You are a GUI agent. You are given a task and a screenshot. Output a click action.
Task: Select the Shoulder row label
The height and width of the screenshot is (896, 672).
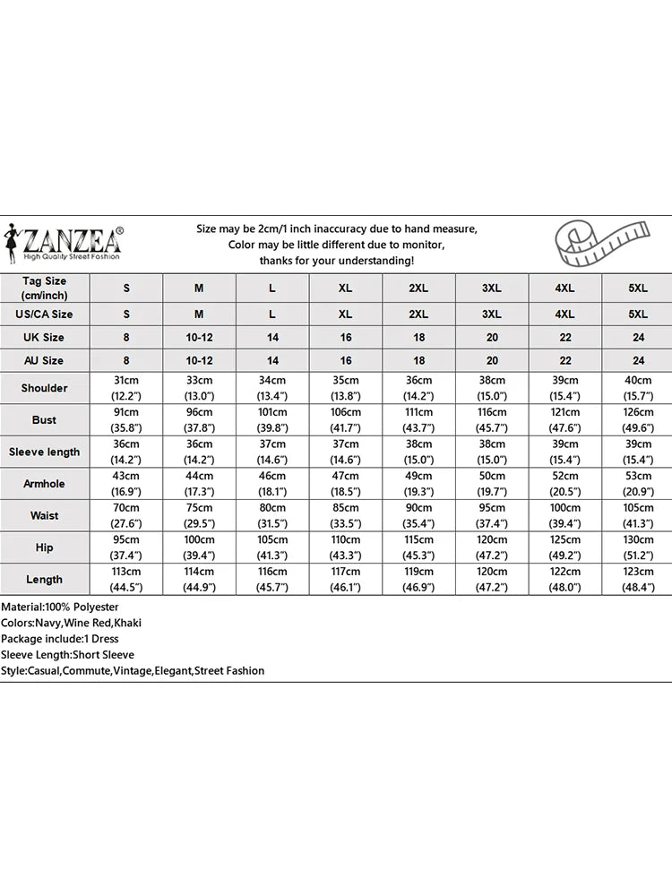[x=45, y=388]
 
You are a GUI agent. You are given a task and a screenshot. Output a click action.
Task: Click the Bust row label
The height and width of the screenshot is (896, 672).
[x=45, y=419]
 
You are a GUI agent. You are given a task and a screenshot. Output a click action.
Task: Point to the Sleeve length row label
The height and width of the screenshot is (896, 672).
[x=45, y=452]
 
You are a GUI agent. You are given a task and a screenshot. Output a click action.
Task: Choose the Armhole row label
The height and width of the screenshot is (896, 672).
[x=45, y=484]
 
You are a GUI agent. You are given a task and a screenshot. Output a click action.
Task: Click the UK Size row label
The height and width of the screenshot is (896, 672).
[x=45, y=338]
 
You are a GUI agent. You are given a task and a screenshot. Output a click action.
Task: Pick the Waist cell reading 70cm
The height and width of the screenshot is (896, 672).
[x=126, y=515]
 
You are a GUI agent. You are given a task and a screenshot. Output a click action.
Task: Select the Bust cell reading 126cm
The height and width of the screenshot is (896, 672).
[x=638, y=419]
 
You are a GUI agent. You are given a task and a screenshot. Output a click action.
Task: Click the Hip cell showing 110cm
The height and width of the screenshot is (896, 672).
[x=346, y=547]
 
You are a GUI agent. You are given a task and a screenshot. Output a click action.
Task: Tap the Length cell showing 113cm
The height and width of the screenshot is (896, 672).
[x=126, y=579]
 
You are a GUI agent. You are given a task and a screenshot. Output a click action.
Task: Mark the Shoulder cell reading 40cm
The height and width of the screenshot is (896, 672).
[x=638, y=388]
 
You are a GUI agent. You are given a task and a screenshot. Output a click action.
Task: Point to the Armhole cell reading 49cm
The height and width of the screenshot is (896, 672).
[x=418, y=484]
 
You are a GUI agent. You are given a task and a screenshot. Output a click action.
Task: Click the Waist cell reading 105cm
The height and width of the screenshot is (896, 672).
[x=638, y=515]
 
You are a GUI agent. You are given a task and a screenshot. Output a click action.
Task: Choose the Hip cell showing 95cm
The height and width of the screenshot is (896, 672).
[x=126, y=547]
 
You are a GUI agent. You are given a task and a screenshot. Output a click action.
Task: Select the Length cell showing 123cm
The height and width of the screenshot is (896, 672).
[x=638, y=579]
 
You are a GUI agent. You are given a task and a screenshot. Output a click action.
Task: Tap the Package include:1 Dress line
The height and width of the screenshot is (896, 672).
[x=61, y=639]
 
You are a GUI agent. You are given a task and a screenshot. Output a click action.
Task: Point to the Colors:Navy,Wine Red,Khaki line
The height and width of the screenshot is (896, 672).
[x=71, y=623]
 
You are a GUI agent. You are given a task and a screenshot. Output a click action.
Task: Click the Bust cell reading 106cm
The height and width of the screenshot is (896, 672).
[x=346, y=419]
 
